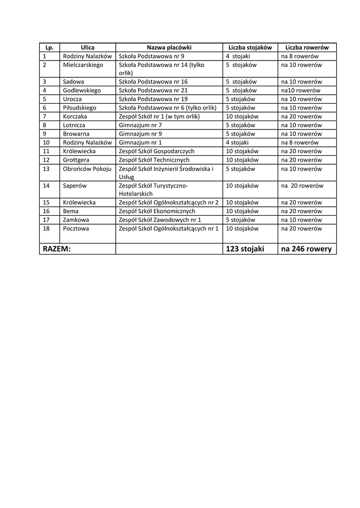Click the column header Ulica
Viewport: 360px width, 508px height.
pos(87,48)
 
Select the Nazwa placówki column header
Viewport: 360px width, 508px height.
pos(169,48)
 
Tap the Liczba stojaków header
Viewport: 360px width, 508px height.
pos(250,48)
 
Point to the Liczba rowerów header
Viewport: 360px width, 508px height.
pos(307,48)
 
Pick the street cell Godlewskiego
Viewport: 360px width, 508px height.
pos(82,91)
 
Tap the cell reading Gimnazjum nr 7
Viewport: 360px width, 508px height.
pos(141,126)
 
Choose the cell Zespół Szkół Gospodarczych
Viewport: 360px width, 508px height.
pos(156,151)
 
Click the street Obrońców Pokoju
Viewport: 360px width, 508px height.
pos(87,169)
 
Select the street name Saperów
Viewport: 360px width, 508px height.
pos(75,186)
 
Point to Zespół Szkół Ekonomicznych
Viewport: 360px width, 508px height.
pos(157,211)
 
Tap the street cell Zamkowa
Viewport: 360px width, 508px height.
pos(76,220)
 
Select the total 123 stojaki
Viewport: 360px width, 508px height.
pos(245,249)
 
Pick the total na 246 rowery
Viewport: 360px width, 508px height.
pos(306,249)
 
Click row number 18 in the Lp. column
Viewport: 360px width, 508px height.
pos(47,229)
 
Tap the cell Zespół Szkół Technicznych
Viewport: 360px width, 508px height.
pos(154,160)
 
